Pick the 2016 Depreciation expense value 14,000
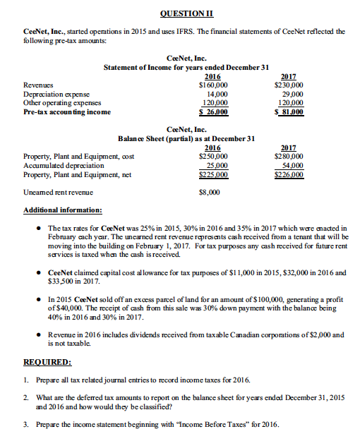(x=215, y=94)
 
